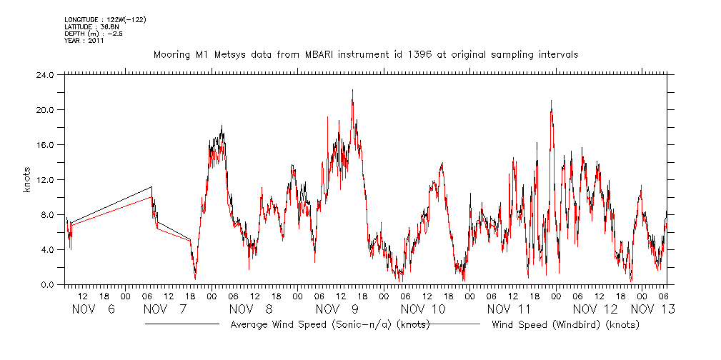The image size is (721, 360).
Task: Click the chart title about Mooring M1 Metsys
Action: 365,54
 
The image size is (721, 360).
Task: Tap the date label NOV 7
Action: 165,309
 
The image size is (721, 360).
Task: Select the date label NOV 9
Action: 337,309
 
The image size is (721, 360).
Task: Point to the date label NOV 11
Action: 509,309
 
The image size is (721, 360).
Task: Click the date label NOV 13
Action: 652,309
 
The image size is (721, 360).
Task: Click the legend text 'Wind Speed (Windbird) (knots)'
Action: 565,324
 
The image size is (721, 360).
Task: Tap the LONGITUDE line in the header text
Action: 105,19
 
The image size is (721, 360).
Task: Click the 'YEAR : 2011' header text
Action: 84,41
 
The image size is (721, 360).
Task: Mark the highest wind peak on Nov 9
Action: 352,90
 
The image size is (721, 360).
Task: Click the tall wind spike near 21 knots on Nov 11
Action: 551,101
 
